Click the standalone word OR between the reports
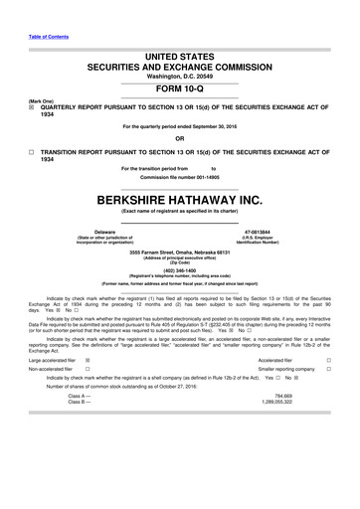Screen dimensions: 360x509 pos(179,136)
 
